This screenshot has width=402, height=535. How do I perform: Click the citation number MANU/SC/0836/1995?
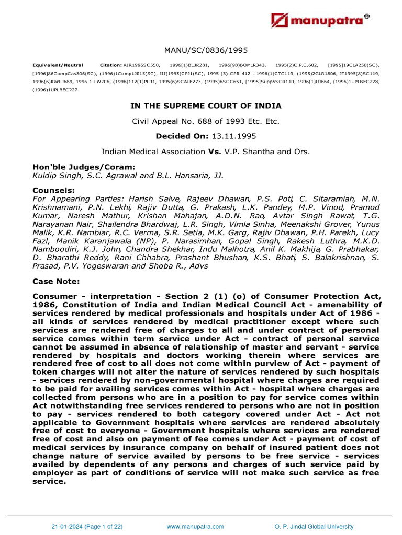click(206, 50)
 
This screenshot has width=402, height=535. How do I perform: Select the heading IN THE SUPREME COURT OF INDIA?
click(206, 106)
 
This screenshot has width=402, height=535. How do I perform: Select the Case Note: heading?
click(56, 282)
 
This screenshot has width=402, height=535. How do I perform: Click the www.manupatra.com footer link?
click(195, 527)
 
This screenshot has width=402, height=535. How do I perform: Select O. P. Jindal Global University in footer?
click(314, 527)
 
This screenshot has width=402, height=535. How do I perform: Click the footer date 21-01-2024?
click(67, 527)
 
